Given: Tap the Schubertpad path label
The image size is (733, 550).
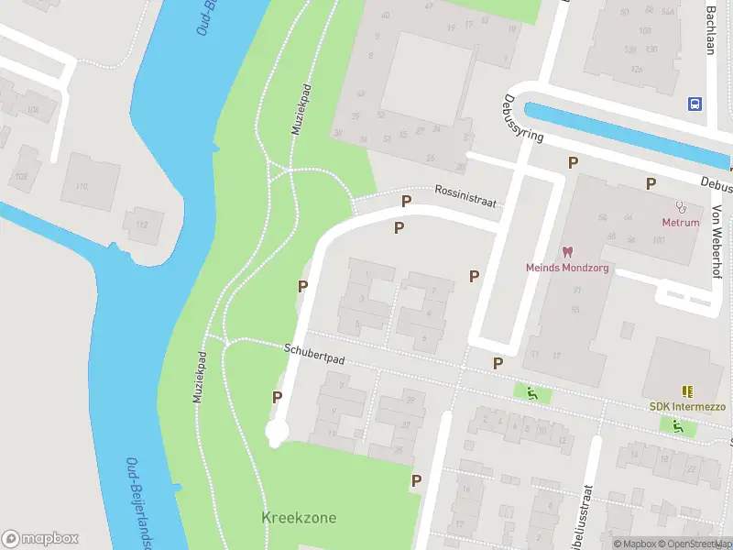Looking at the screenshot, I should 313,355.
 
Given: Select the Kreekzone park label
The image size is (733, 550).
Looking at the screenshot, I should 299,518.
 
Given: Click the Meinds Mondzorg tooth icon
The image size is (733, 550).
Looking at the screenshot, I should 566,251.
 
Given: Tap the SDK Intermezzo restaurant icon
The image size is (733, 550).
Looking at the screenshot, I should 686,390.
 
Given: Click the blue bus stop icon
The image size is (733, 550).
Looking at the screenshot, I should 695,104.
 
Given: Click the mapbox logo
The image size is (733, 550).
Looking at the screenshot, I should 40,539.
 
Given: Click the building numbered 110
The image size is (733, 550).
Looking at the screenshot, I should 82,186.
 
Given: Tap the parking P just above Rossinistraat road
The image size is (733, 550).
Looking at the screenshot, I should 406,201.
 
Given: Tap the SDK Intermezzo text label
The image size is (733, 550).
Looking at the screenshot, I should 687,406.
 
